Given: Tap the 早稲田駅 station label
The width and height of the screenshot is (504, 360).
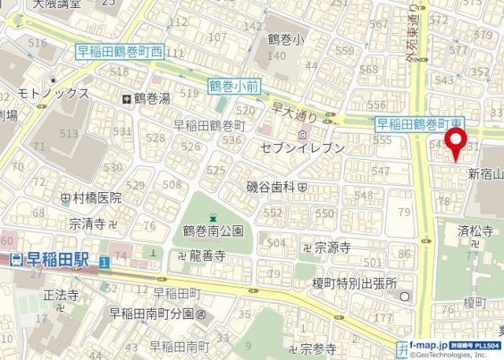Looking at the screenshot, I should tap(51, 259).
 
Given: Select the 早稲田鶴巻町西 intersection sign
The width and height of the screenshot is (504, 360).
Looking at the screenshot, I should tap(119, 52).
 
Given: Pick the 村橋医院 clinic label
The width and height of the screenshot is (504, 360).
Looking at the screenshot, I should tap(97, 197).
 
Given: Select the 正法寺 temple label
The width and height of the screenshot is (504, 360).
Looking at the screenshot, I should tap(61, 295).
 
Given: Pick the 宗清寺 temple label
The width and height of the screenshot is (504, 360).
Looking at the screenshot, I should tap(87, 224).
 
